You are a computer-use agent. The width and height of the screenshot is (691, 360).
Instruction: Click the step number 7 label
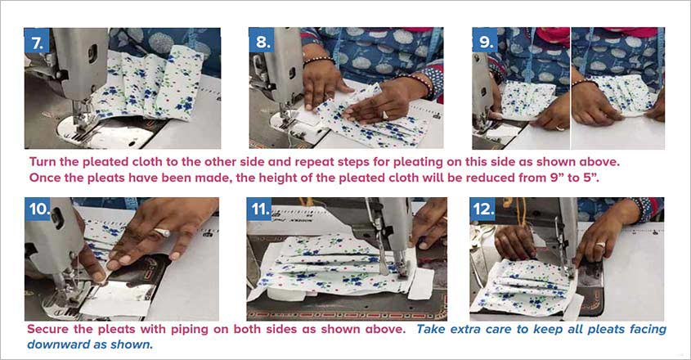point(37,40)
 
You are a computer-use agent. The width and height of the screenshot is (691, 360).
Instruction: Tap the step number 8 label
point(262,40)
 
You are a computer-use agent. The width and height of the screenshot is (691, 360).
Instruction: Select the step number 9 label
point(485,40)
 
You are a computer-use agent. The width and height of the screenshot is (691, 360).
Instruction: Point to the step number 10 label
point(39,209)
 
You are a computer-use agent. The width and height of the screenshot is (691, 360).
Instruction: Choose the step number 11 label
point(261,209)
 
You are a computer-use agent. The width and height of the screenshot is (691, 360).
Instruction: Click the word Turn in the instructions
point(44,161)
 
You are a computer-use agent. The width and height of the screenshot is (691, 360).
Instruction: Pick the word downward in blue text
point(60,344)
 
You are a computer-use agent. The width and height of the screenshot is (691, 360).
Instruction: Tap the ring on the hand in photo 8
point(385,115)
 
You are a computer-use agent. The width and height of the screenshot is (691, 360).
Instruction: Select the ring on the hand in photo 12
point(600,245)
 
